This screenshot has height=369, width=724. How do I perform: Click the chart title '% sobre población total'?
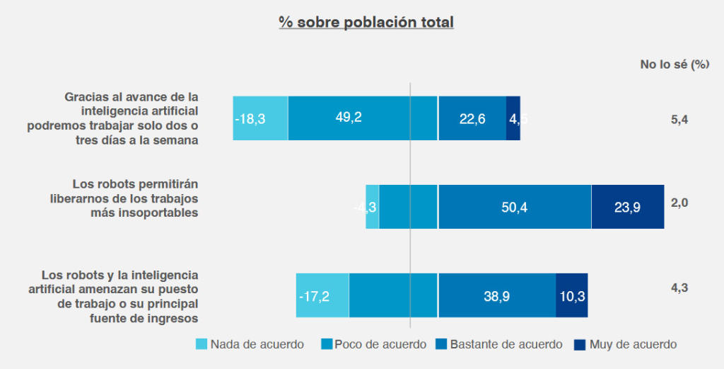(366, 22)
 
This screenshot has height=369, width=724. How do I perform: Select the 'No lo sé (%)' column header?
(675, 64)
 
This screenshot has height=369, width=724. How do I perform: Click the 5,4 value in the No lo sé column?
(679, 120)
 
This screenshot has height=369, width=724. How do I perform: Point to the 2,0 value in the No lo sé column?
(679, 203)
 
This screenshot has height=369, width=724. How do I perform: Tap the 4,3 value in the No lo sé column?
(679, 288)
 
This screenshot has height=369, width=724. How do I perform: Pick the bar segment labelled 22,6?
(472, 118)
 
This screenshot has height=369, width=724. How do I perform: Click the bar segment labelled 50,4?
(514, 207)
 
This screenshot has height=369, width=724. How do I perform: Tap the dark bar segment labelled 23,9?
(628, 207)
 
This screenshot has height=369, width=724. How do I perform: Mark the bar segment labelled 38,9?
(496, 295)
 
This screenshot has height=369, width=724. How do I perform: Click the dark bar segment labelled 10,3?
(572, 295)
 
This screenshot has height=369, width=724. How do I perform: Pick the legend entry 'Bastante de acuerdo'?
(499, 345)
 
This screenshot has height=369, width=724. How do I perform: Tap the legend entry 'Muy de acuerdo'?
(626, 345)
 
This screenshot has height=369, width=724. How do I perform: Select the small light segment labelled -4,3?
(372, 207)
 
